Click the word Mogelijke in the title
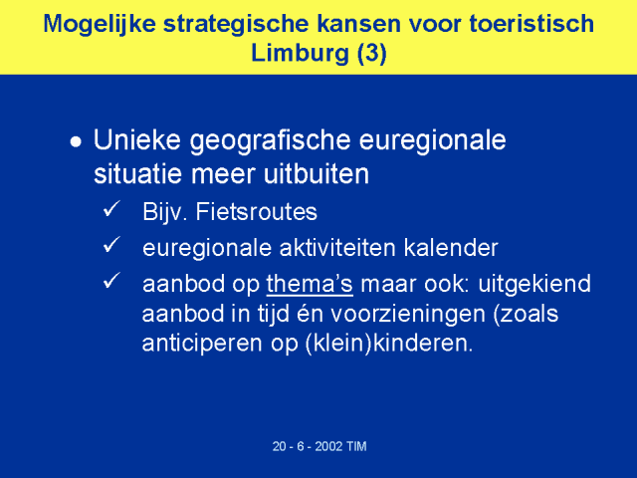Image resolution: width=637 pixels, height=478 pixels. (100, 24)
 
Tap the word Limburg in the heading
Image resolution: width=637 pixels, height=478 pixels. (301, 53)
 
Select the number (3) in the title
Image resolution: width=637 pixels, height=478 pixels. (371, 54)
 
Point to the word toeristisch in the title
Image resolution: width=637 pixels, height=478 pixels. (531, 23)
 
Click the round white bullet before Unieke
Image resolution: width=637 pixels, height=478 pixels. (76, 141)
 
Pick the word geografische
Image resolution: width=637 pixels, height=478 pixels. (270, 141)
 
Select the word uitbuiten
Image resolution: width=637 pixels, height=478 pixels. (317, 174)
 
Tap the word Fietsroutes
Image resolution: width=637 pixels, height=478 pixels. (257, 212)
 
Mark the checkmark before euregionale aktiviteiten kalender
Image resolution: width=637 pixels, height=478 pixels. (111, 244)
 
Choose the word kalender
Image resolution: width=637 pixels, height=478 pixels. (451, 248)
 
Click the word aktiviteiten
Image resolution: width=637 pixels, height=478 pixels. (337, 248)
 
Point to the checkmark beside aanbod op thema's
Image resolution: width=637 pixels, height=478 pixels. (111, 280)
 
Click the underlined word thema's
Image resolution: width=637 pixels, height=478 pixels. (310, 284)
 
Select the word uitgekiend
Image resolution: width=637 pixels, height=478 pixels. (534, 284)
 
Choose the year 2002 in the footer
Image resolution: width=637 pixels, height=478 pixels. (328, 446)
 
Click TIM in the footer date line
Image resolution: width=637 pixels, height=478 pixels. (356, 446)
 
